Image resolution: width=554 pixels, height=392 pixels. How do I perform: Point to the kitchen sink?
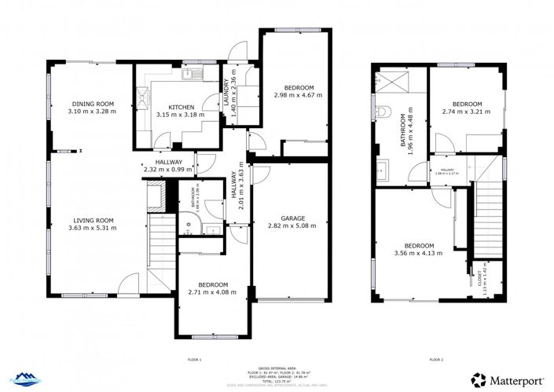coord(189,75)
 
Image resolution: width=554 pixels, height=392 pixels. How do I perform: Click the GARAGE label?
coord(292,218)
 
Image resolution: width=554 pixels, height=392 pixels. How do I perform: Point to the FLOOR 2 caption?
coord(436,359)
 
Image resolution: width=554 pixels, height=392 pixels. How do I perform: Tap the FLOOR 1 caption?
coord(194,359)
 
